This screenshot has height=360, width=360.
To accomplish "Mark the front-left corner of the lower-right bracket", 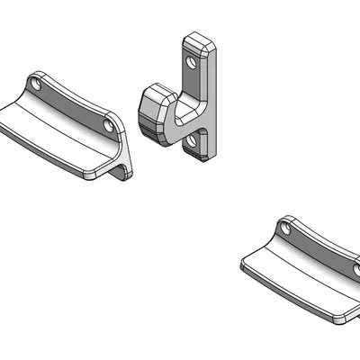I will tap(246, 264).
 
